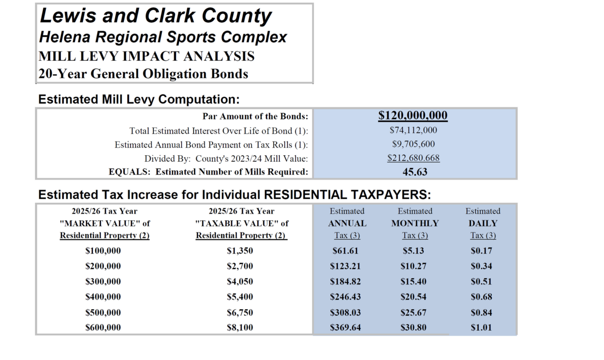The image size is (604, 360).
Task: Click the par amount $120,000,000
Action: [x=413, y=116]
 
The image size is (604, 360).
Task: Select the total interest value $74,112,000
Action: [x=413, y=130]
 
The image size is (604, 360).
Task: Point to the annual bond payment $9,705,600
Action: [x=413, y=144]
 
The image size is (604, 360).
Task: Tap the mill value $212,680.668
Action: [x=413, y=158]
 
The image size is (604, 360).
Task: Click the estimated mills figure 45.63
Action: [x=415, y=172]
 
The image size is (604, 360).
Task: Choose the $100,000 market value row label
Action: [x=103, y=251]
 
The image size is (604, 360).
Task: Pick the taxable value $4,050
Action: [x=240, y=282]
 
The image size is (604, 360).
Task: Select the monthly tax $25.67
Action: [x=413, y=312]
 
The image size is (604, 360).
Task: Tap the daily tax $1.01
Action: [x=481, y=327]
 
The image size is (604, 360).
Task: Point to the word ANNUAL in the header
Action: [x=347, y=223]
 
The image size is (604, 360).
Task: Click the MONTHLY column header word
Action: [x=415, y=223]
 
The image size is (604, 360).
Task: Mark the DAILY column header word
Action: [x=483, y=223]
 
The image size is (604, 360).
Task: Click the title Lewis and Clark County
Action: [x=156, y=17]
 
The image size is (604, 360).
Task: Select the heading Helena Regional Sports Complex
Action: [x=163, y=37]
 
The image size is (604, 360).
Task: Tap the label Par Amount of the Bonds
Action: [x=255, y=117]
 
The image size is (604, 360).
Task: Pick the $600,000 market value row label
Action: [x=103, y=327]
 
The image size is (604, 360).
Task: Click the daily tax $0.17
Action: [x=481, y=251]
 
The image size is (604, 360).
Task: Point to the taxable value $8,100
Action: [x=240, y=327]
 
